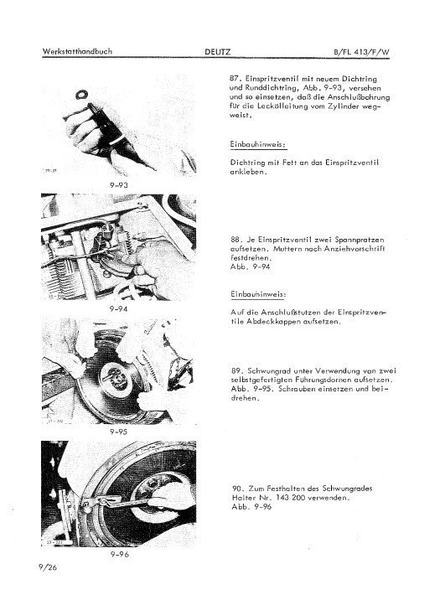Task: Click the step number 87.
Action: (x=235, y=77)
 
